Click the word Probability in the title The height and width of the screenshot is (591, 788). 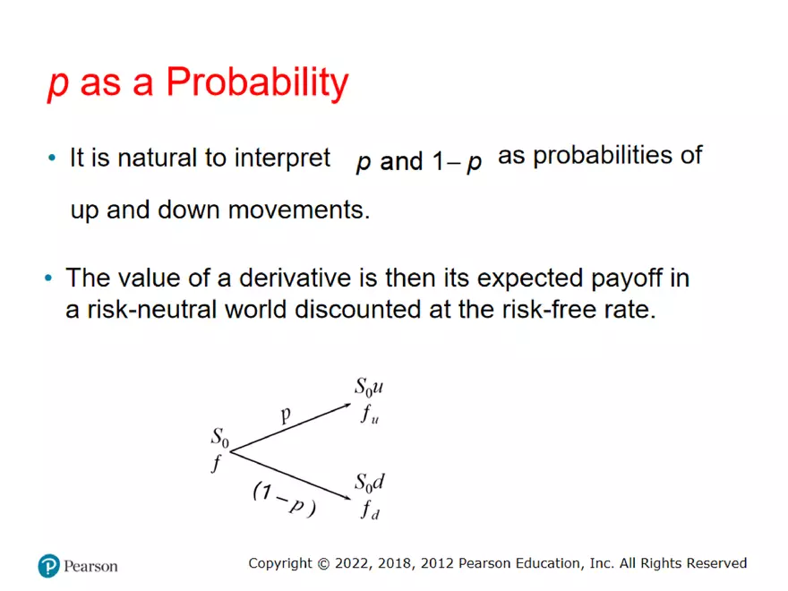click(x=257, y=83)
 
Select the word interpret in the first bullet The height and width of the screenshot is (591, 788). click(x=282, y=158)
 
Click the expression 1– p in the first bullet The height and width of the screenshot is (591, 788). click(x=458, y=162)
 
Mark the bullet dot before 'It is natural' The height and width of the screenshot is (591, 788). click(x=52, y=159)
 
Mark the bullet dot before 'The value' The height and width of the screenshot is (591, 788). click(x=49, y=278)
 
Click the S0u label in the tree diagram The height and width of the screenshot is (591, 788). click(x=369, y=388)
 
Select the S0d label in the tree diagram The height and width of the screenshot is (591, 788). click(x=369, y=484)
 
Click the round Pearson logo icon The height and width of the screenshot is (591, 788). click(x=48, y=566)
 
